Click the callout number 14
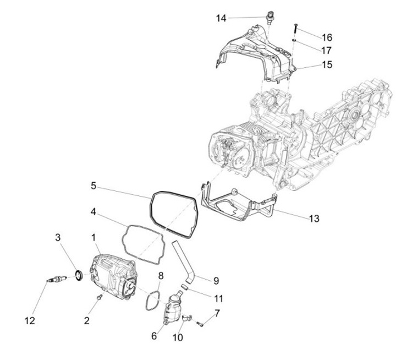pos(221,18)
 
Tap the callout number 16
pos(327,38)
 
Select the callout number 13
pos(313,219)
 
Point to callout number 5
pos(94,186)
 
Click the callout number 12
pos(30,320)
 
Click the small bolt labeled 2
pos(99,298)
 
